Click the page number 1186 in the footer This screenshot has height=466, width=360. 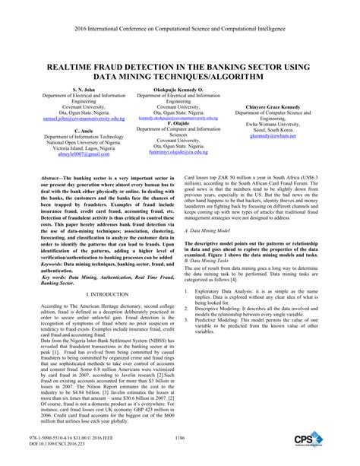pos(179,439)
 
